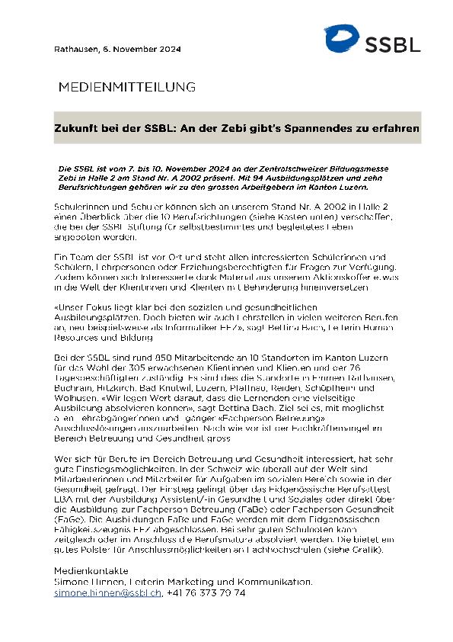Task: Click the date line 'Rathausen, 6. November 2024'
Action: pyautogui.click(x=106, y=49)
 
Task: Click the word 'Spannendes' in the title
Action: pyautogui.click(x=317, y=128)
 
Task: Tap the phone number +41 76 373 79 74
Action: pyautogui.click(x=206, y=592)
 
